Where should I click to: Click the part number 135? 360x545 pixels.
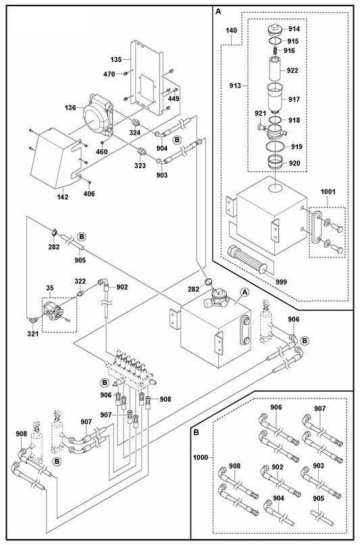pos(115,59)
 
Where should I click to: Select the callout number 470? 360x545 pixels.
pos(109,74)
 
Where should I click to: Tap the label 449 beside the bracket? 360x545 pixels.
pos(174,99)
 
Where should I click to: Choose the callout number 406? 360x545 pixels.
pos(88,194)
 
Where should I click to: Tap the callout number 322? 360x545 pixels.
pos(80,281)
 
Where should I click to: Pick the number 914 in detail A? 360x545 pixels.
pos(294,30)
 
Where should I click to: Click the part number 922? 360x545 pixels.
pos(293,70)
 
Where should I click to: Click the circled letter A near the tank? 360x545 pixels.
pos(245,292)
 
